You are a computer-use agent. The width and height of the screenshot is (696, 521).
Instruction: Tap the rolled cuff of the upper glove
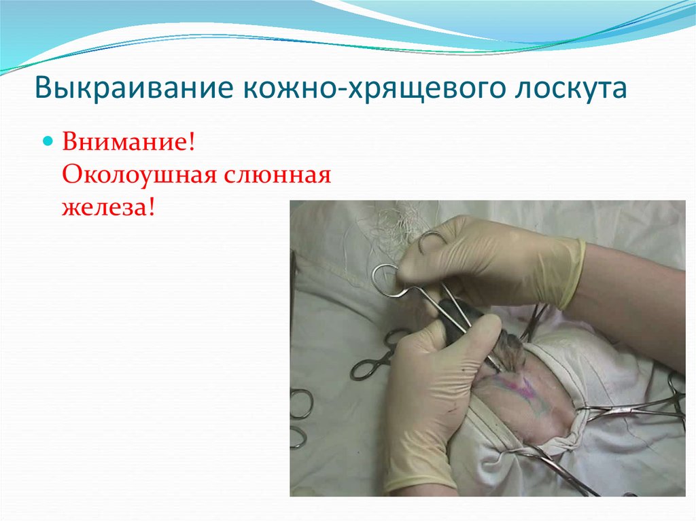point(572,272)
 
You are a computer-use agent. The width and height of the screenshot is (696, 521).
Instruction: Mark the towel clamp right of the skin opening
point(632,408)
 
